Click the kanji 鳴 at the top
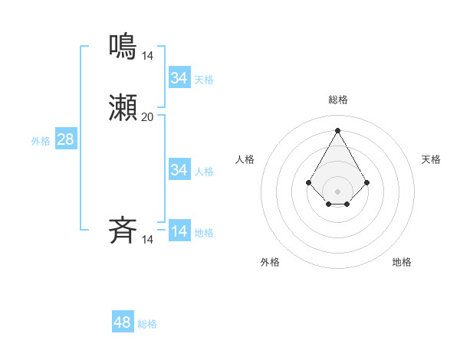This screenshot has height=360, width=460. (123, 46)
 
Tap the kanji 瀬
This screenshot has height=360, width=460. (123, 108)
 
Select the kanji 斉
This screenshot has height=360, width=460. (123, 231)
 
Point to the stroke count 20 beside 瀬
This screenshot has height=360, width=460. (147, 117)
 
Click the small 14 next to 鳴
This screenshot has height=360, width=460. (147, 55)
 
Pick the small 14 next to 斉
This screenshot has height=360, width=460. (147, 240)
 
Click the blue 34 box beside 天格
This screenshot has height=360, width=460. (179, 78)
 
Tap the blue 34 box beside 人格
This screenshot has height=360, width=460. (179, 170)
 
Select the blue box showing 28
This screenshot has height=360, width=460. (66, 139)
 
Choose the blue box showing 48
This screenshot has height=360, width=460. (123, 322)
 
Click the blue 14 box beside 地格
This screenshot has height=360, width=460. (179, 231)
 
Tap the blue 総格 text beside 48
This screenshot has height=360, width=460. (147, 324)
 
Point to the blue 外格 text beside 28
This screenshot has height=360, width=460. (41, 141)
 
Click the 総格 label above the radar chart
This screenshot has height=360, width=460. (338, 100)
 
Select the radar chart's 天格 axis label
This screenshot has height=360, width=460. (431, 159)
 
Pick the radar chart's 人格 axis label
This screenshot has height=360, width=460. (245, 159)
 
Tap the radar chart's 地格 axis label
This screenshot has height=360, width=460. (402, 262)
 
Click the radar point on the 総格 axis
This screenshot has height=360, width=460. (338, 129)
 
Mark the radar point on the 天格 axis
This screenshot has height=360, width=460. (367, 182)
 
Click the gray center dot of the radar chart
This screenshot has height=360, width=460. (338, 191)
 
